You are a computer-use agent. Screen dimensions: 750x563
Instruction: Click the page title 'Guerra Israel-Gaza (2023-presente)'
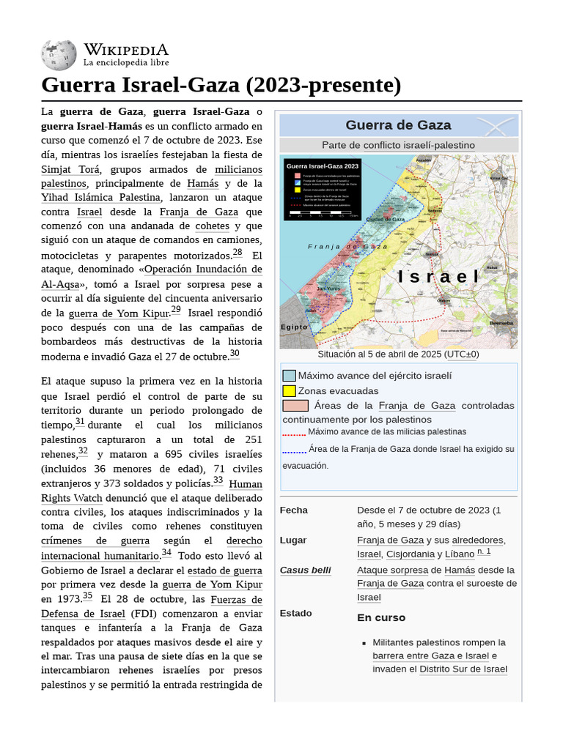[221, 85]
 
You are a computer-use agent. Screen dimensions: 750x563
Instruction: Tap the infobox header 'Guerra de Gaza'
[398, 125]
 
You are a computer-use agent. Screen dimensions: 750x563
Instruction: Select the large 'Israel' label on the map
[438, 276]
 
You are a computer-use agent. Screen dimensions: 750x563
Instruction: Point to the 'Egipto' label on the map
[294, 327]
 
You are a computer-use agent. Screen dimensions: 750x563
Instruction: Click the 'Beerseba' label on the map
[501, 322]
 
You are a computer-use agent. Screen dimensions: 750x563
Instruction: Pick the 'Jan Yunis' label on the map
[328, 289]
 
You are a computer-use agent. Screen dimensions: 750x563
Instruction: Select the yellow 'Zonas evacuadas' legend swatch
[289, 390]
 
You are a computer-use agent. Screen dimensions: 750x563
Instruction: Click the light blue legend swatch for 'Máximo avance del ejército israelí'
[289, 376]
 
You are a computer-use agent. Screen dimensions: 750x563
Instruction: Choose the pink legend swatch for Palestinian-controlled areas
[295, 405]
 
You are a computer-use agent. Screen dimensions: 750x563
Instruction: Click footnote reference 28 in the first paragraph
[238, 253]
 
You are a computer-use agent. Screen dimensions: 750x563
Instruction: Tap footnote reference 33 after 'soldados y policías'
[218, 481]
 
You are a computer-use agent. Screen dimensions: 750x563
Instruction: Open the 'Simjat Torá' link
[71, 169]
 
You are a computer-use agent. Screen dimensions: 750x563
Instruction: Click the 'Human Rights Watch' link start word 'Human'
[246, 484]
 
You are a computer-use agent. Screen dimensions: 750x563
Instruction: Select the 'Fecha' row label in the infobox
[294, 510]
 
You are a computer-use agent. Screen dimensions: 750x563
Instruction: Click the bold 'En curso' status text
[381, 617]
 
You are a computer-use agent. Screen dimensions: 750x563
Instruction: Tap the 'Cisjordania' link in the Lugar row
[410, 554]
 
